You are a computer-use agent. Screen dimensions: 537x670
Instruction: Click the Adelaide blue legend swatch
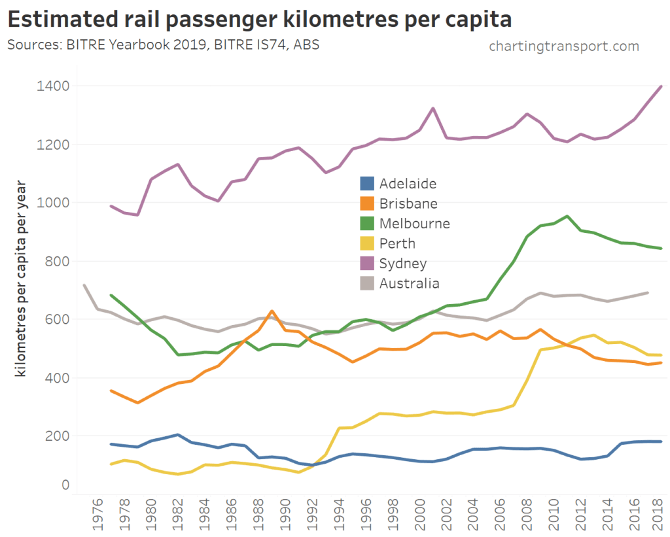tap(367, 184)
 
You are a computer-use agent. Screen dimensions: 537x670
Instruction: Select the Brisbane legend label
tap(408, 203)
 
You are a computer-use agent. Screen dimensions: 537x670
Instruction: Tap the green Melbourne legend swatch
tap(367, 224)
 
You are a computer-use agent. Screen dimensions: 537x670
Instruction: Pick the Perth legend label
tap(397, 243)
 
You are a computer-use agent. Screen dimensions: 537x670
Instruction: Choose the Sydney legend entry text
tap(403, 264)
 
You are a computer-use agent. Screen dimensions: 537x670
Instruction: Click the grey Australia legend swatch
tap(367, 283)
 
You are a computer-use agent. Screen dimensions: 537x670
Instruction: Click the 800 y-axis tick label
tap(57, 261)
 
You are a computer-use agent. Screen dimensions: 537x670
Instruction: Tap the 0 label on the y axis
tap(65, 485)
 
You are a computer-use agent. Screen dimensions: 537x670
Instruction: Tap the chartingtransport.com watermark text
tap(563, 46)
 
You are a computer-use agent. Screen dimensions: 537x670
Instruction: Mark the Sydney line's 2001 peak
tap(432, 109)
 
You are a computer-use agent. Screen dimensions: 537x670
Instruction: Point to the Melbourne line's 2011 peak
tap(567, 217)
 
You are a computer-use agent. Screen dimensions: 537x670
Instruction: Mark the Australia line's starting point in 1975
tap(84, 285)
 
